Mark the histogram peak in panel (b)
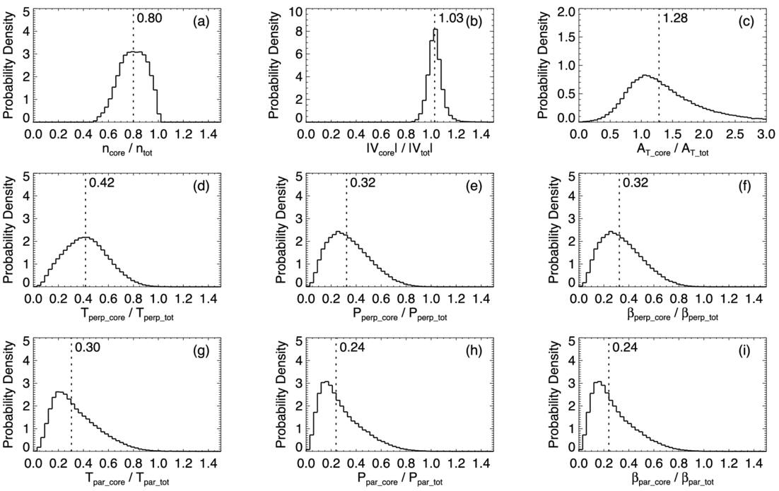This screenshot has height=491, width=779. point(436,29)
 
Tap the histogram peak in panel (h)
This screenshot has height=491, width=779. point(326,382)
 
